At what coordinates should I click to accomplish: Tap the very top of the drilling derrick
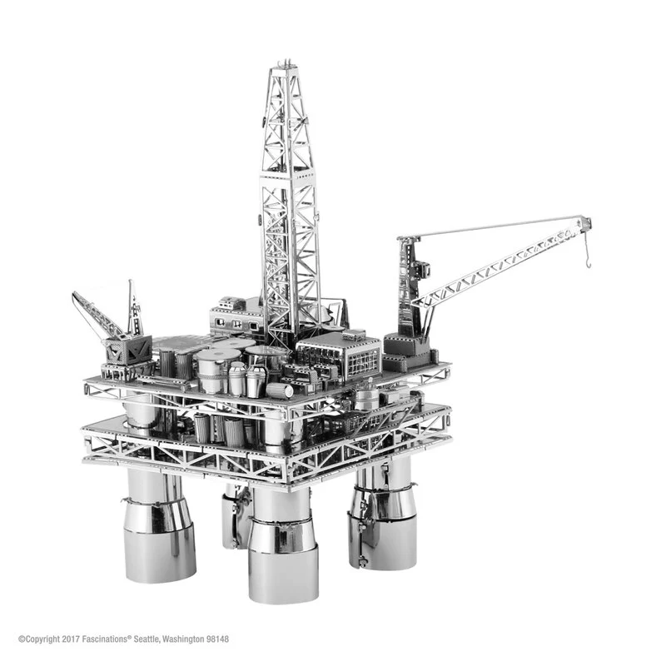tap(286, 64)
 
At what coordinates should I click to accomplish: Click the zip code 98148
tap(215, 639)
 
